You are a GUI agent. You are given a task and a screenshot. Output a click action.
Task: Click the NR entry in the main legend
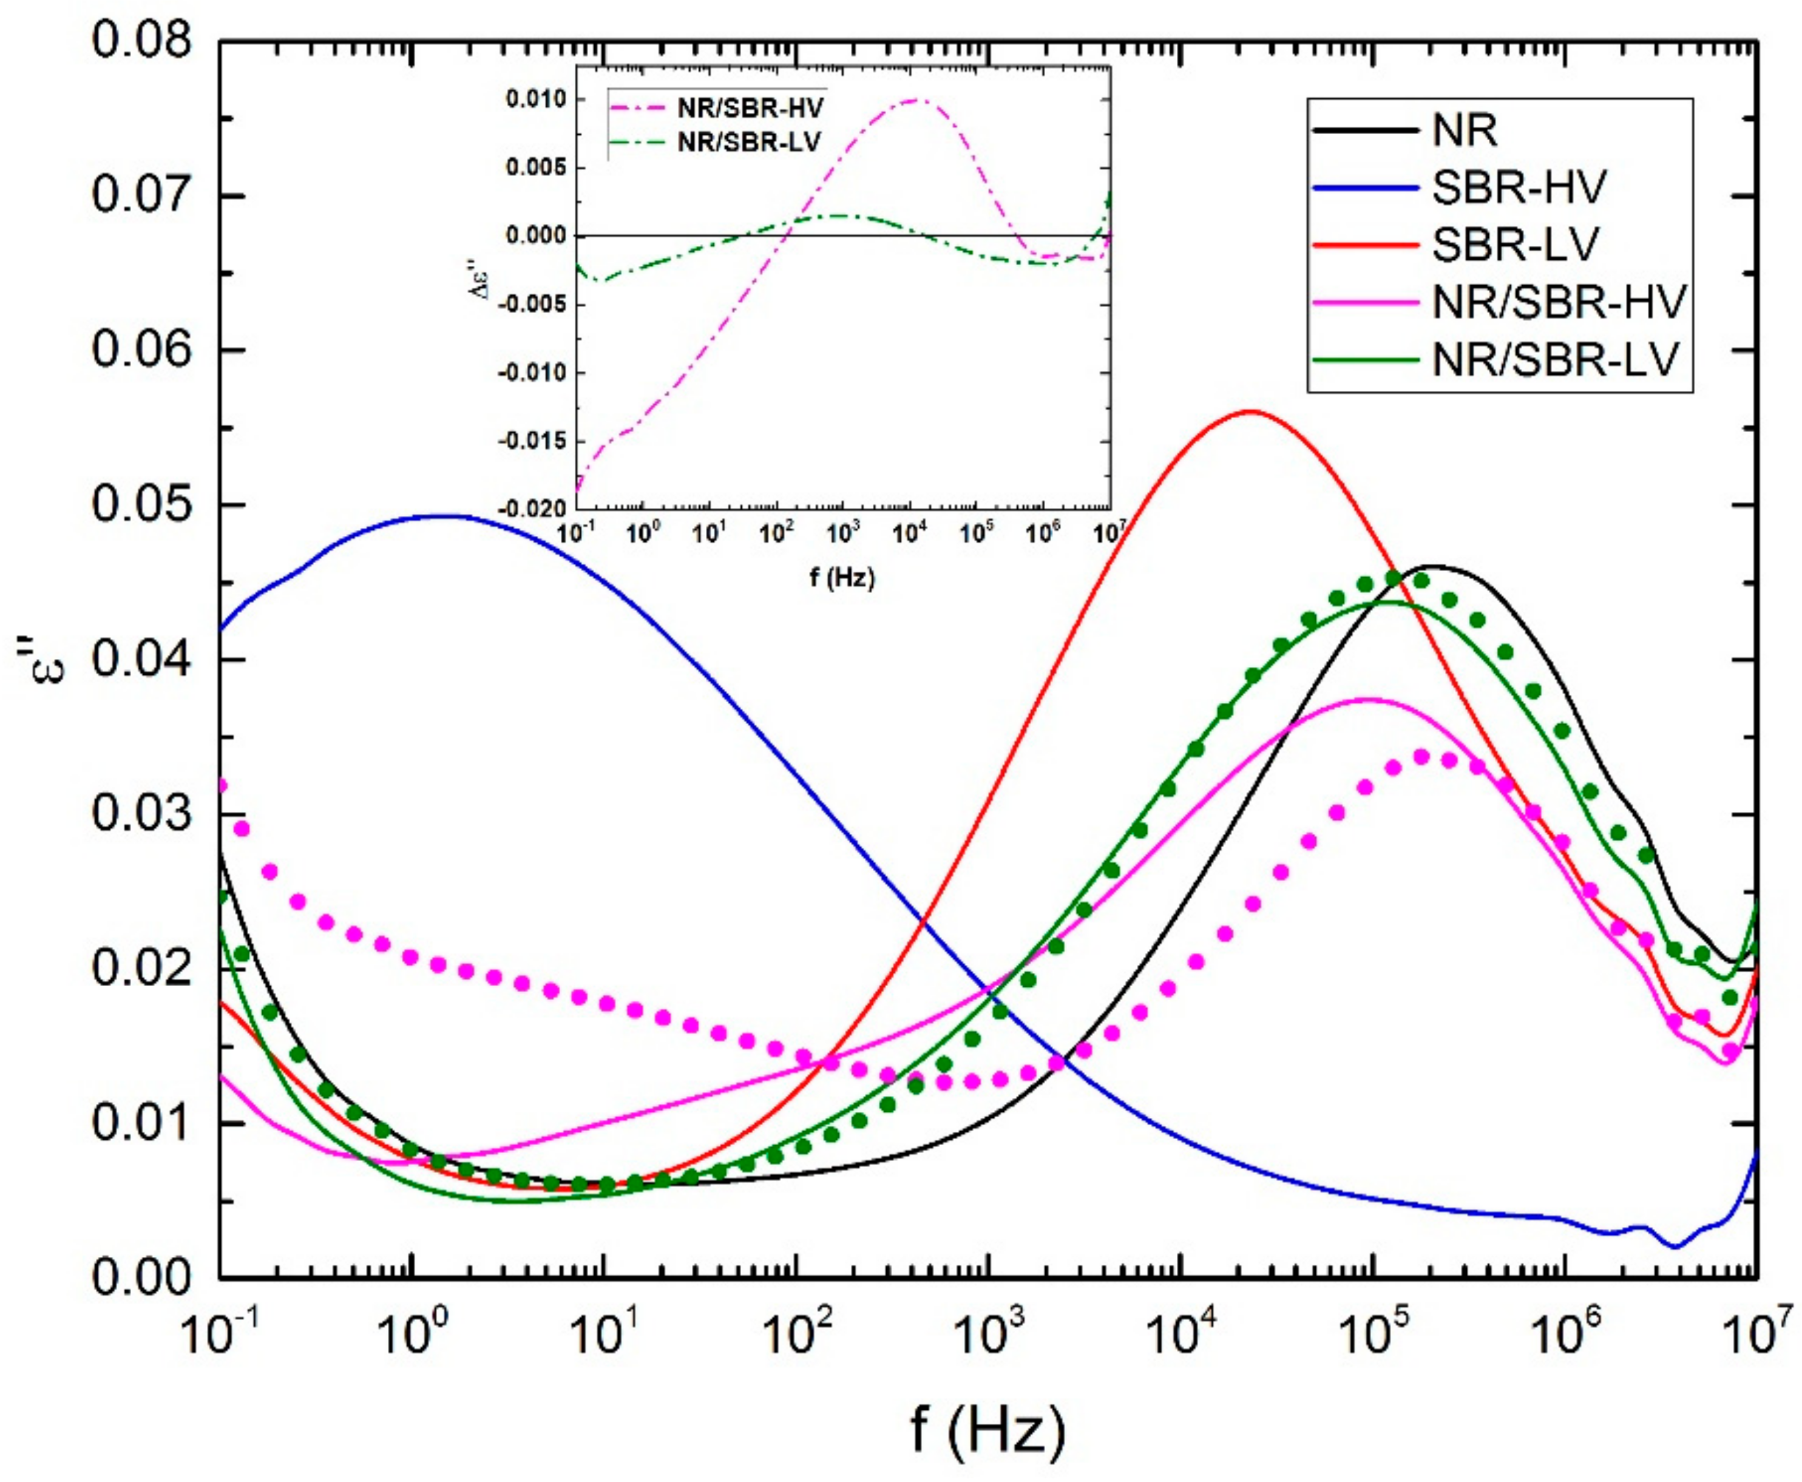[1465, 130]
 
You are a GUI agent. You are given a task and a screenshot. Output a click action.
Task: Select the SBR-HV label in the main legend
[1519, 187]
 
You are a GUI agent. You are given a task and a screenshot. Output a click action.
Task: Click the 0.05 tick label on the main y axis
[141, 504]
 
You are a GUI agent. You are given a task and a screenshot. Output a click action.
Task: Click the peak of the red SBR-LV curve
[1252, 411]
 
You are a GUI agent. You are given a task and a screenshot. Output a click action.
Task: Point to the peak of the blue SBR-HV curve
[444, 516]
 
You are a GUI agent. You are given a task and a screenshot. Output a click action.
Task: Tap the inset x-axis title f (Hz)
[842, 579]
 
